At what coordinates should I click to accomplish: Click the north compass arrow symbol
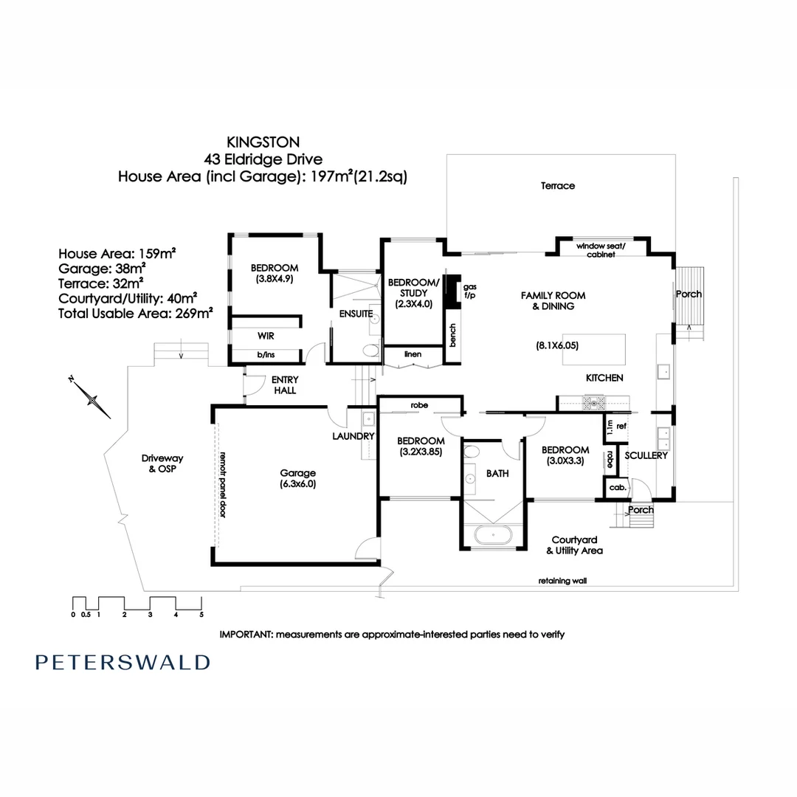tap(92, 398)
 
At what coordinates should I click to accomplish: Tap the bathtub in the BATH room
tap(493, 534)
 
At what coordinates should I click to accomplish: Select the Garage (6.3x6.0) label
tap(297, 479)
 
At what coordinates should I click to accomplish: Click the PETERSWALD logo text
tap(123, 662)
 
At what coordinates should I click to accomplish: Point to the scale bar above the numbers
tap(137, 601)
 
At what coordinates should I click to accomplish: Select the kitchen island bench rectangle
tap(594, 349)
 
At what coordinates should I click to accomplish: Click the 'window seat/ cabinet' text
tap(601, 249)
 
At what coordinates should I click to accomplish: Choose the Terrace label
tap(557, 186)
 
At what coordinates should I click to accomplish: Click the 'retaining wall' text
tap(562, 581)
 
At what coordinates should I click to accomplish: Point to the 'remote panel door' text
tap(221, 483)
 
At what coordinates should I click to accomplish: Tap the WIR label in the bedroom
tap(266, 335)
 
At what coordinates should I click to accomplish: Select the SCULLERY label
tap(646, 455)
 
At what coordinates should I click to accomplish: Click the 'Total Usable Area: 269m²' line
tap(136, 312)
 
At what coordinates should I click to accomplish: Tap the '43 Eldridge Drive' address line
tap(264, 158)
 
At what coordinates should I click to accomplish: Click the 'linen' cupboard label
tap(413, 355)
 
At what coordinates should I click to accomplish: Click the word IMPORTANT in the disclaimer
tap(246, 634)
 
